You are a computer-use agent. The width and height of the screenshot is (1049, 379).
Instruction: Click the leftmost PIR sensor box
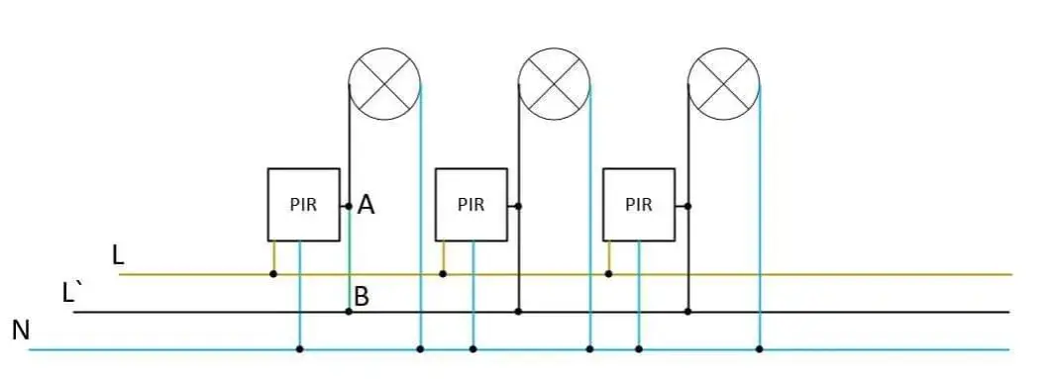pos(304,205)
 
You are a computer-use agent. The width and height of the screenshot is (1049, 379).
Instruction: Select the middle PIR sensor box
pos(471,205)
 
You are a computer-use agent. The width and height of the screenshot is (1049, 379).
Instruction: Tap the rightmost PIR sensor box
pos(639,205)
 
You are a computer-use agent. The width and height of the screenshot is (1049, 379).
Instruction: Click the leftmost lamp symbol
pos(384,84)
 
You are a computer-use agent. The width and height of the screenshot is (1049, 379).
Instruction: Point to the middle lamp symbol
pos(554,84)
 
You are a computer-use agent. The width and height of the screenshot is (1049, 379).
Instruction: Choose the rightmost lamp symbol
pos(724,84)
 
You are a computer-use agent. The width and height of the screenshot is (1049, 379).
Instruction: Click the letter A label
pos(366,205)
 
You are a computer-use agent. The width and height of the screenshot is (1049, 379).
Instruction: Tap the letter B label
pos(362,296)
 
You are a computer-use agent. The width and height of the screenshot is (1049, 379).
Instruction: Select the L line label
pos(119,255)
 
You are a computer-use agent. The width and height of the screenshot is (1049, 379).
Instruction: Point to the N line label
pos(21,331)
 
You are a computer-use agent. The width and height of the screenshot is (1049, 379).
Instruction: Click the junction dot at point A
pos(349,206)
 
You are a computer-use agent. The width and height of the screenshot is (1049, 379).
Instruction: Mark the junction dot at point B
pos(349,312)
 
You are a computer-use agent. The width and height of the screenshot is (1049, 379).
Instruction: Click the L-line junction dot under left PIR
pos(273,274)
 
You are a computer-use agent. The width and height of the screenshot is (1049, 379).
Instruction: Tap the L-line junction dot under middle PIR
pos(442,274)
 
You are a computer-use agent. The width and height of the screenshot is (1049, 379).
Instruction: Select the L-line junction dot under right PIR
pos(608,274)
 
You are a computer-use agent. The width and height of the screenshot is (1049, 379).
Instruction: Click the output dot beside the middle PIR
pos(518,206)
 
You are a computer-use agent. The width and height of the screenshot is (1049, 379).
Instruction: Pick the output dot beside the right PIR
pos(687,206)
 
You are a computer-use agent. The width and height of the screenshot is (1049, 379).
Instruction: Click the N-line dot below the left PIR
pos(300,349)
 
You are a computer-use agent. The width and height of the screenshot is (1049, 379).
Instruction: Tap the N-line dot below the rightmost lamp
pos(760,349)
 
